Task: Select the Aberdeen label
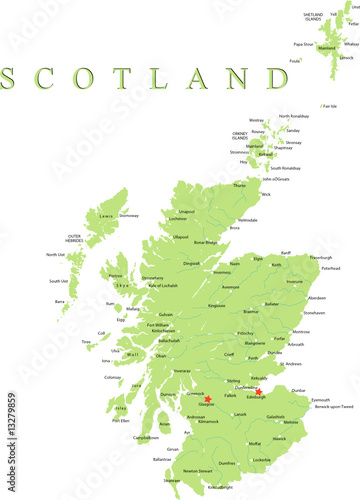317,298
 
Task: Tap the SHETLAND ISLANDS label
313,17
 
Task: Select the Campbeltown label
145,438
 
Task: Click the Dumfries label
226,463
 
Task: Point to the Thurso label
239,185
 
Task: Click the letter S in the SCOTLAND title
14,78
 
